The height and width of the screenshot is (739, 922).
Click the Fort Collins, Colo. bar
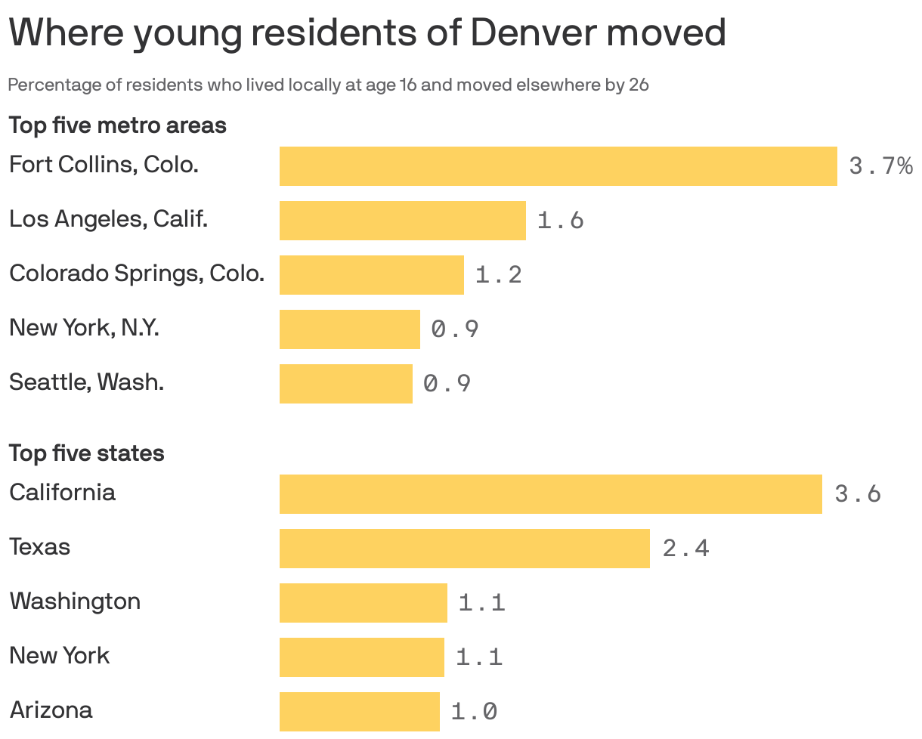[x=558, y=166]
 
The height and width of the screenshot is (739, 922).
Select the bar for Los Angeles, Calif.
[x=402, y=221]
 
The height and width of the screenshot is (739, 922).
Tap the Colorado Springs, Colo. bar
[x=371, y=275]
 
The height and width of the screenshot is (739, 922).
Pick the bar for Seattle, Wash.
[x=345, y=384]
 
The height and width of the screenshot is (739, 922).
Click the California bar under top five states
[x=550, y=494]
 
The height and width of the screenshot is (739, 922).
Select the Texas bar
[x=464, y=549]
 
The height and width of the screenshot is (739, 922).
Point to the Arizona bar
[x=359, y=712]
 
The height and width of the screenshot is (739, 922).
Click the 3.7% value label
[x=880, y=166]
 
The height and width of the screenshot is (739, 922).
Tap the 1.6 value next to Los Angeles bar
[x=560, y=221]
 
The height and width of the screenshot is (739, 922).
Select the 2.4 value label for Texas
[x=685, y=549]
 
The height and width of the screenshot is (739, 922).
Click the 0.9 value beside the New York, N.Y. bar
[x=455, y=329]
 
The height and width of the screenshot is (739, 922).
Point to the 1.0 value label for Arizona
[x=474, y=712]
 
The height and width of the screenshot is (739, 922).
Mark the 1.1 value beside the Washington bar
[x=481, y=603]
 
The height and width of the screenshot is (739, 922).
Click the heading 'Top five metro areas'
[x=117, y=125]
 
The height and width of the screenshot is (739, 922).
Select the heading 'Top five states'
[x=86, y=453]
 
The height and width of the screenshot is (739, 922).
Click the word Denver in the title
[x=534, y=33]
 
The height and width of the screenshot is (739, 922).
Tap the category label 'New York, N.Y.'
[x=84, y=328]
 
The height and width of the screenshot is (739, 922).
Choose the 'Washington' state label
[x=75, y=601]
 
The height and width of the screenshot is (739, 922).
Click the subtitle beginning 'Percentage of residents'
[x=328, y=85]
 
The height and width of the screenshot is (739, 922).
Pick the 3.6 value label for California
[x=858, y=494]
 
